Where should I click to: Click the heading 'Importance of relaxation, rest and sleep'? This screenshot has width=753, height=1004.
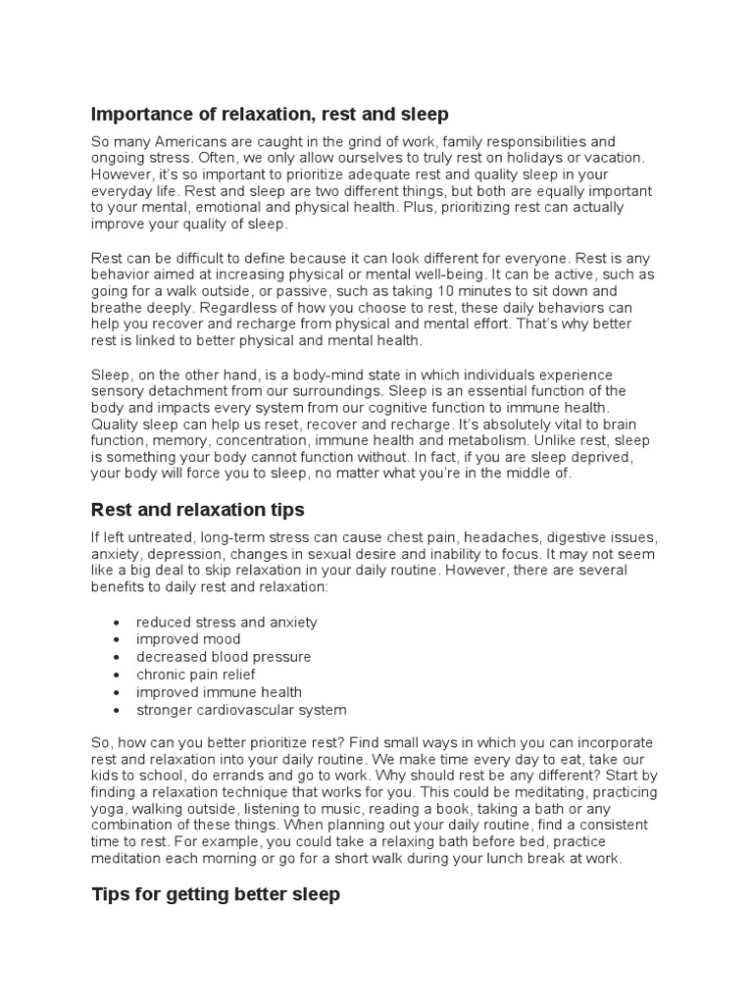[x=270, y=115]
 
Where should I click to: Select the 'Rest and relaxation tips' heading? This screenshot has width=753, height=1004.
[x=197, y=510]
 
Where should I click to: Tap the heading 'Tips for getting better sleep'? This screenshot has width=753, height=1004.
[x=216, y=894]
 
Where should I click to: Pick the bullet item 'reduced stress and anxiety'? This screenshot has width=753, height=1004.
[x=226, y=623]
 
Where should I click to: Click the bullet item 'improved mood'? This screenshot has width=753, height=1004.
[x=188, y=639]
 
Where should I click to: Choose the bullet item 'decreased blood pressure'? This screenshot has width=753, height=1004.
[x=224, y=657]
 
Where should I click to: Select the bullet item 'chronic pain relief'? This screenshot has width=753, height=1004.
[x=196, y=675]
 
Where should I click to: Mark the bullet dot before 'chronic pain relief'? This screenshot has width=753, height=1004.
[x=118, y=676]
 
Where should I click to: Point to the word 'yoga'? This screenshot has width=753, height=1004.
[x=108, y=809]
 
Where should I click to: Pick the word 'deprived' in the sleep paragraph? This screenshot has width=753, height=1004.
[x=557, y=457]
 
